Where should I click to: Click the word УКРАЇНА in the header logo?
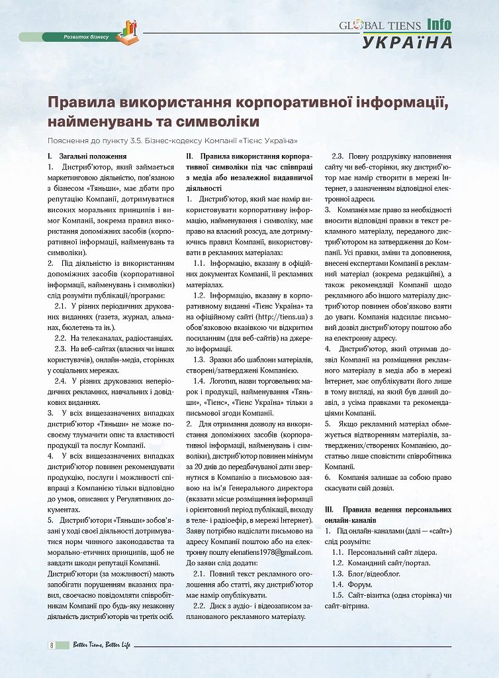[407, 42]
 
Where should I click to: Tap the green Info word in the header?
[439, 25]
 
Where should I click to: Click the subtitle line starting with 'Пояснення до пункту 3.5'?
[172, 141]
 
